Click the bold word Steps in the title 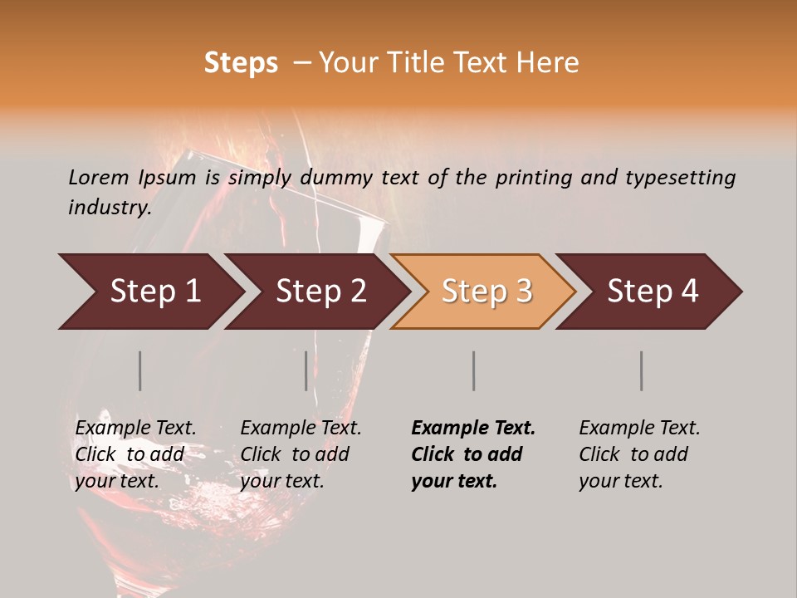tap(241, 63)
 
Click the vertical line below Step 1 tap(140, 370)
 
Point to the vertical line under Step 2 tap(306, 370)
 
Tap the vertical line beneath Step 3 tap(474, 370)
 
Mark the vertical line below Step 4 tap(642, 370)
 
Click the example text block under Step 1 tap(135, 454)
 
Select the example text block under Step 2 tap(301, 454)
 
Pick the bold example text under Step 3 tap(473, 454)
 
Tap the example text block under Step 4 tap(639, 454)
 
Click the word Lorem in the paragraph tap(99, 177)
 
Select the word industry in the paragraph tap(110, 208)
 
